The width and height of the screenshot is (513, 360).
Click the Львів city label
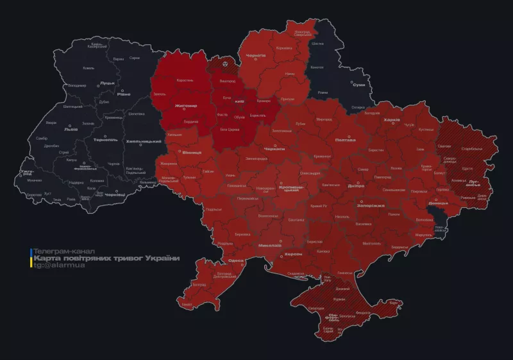coord(71,128)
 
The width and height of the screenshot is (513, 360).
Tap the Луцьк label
coord(107,83)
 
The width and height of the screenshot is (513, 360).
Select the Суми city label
coord(358,85)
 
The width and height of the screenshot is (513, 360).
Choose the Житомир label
coord(185,106)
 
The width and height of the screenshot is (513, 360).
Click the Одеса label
coord(236,261)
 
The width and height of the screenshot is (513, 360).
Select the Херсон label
coord(293,254)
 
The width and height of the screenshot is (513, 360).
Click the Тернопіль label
coord(105,139)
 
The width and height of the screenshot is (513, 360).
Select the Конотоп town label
coord(317,67)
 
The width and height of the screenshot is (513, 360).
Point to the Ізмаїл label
coord(187,304)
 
